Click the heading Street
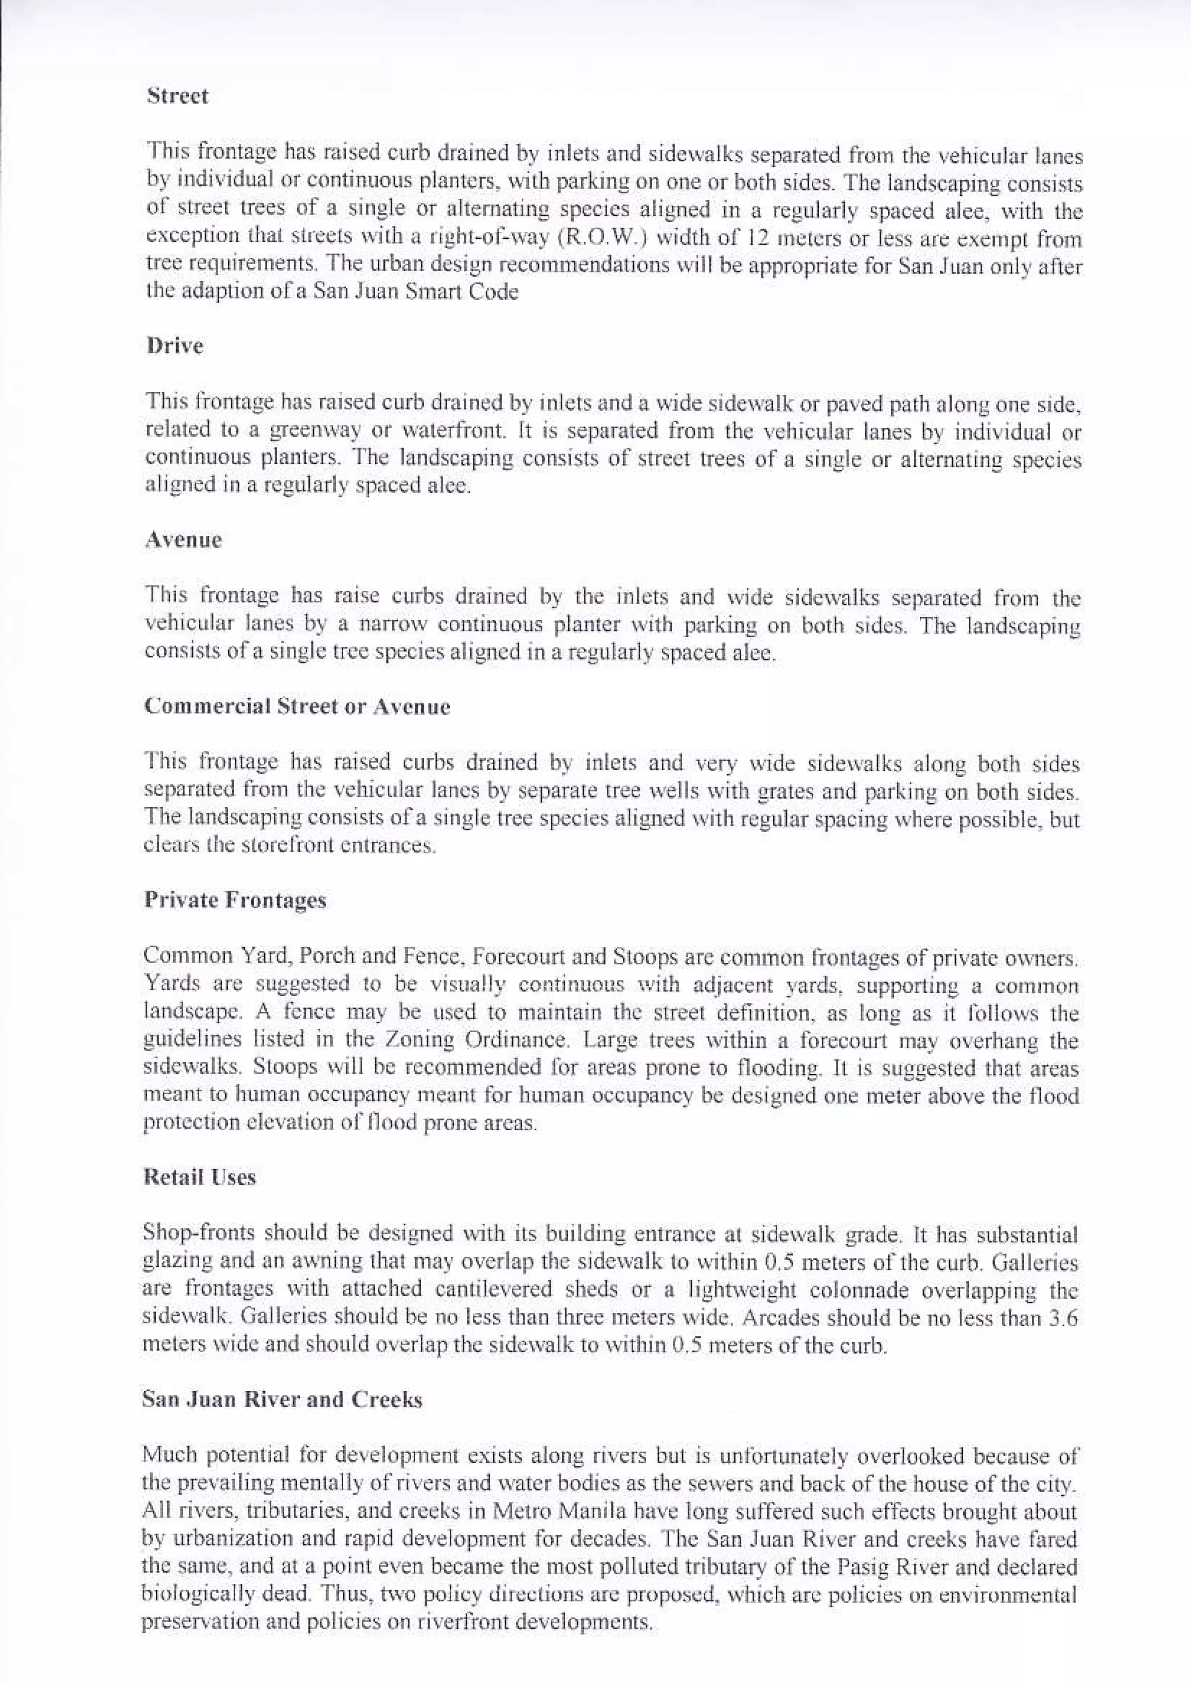coord(177,96)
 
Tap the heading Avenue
coord(183,541)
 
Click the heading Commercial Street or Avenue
coord(297,706)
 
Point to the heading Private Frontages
coord(235,901)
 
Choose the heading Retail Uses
coord(199,1178)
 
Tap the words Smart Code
coord(463,292)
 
